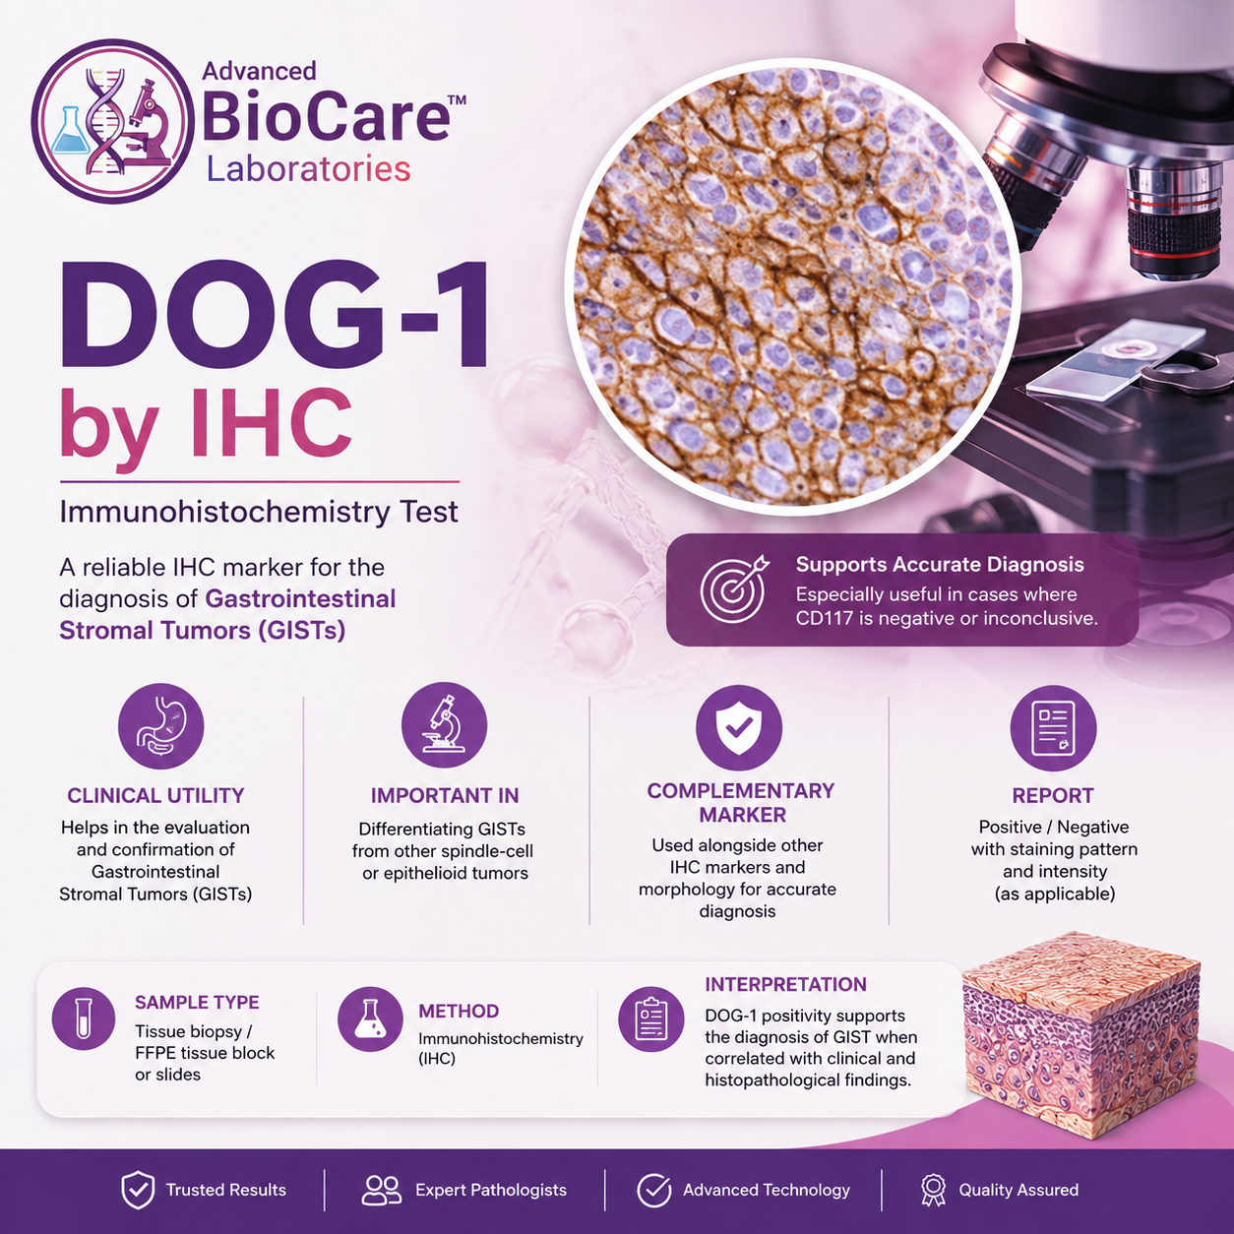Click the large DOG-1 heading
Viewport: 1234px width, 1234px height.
tap(276, 315)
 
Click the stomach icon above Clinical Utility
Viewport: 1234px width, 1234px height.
tap(160, 726)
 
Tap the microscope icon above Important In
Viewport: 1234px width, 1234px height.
tap(444, 725)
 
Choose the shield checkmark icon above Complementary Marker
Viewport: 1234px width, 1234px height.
tap(739, 728)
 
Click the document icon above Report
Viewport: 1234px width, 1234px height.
tap(1053, 729)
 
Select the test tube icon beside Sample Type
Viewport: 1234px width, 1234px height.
tap(84, 1018)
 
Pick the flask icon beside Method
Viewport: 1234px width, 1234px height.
tap(370, 1018)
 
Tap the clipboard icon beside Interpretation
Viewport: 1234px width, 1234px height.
tap(650, 1018)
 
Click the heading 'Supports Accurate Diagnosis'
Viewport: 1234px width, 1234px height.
tap(940, 565)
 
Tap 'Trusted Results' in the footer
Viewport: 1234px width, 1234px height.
tap(226, 1190)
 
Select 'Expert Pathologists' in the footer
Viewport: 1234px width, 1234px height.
tap(491, 1190)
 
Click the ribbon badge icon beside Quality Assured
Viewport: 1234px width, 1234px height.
tap(933, 1190)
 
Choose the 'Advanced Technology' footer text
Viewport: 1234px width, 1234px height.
tap(767, 1190)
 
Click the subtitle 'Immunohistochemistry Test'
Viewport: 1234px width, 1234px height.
tap(259, 513)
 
